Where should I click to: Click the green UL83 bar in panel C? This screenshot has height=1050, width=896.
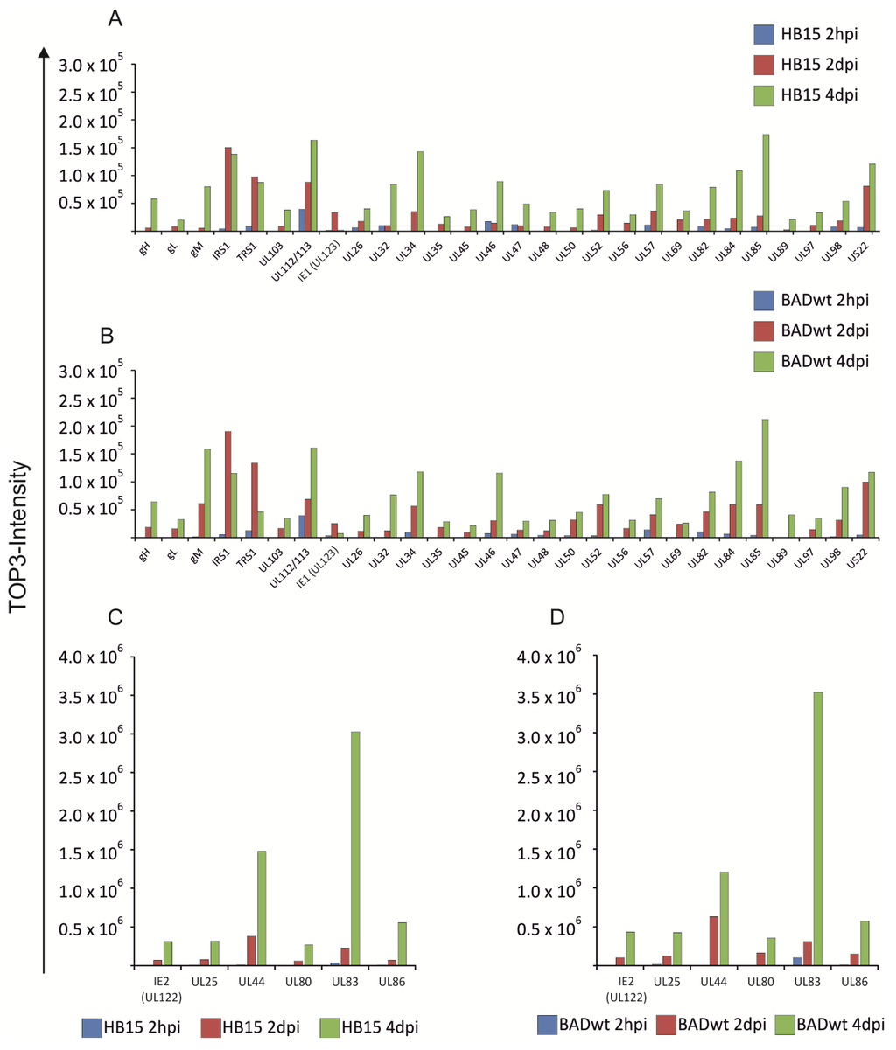pos(356,848)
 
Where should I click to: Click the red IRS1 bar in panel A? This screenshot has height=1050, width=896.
pos(227,189)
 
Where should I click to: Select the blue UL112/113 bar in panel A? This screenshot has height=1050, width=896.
pos(302,219)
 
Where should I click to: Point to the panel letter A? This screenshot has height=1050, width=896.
pos(115,19)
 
